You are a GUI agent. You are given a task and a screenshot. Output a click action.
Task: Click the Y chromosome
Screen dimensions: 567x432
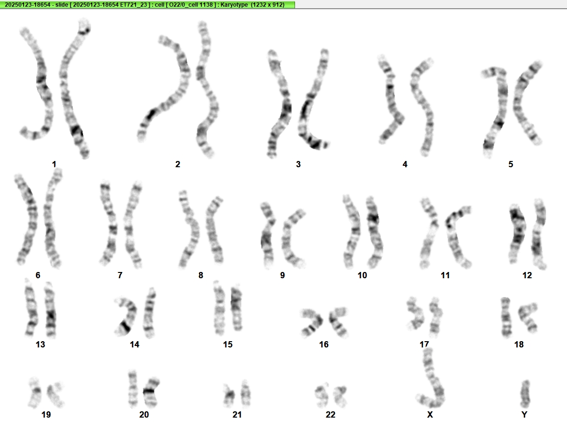(x=525, y=394)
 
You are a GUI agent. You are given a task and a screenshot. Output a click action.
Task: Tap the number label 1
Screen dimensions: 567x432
(x=54, y=164)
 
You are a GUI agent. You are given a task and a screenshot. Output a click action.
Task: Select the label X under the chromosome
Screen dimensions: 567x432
(x=430, y=415)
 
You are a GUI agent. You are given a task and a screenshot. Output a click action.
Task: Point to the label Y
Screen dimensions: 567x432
(x=524, y=415)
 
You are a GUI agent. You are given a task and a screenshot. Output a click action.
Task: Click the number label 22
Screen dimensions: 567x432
(x=330, y=415)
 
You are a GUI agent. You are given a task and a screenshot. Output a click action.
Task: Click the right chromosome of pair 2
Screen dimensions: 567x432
(x=207, y=90)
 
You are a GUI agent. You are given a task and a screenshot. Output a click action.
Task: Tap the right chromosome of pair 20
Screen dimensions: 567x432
(x=150, y=392)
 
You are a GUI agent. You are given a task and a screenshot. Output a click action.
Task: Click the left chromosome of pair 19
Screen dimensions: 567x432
(x=35, y=392)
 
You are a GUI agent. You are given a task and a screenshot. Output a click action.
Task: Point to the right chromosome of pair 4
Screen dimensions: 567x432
(x=422, y=107)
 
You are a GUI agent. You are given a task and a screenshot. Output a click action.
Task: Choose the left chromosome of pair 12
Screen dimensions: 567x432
(x=517, y=231)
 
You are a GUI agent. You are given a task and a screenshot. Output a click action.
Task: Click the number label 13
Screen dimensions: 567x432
(x=40, y=345)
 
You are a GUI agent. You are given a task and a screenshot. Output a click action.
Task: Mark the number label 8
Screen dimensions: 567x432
(x=201, y=275)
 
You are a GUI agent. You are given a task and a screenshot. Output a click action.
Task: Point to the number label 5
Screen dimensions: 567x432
(x=511, y=164)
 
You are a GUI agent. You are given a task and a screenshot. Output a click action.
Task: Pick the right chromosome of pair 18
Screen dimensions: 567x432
(x=528, y=318)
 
